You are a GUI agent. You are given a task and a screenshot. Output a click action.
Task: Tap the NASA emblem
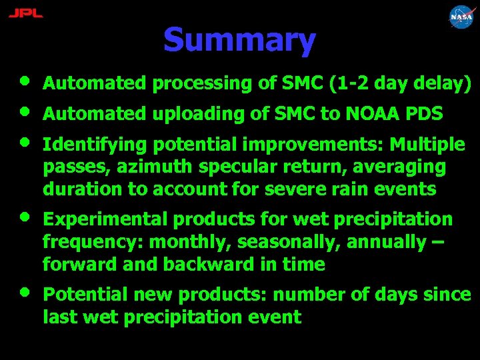[461, 17]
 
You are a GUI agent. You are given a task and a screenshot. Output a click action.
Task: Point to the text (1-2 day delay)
[401, 84]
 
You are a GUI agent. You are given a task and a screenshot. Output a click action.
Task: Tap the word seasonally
[286, 243]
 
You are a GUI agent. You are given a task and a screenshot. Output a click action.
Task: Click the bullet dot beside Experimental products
[24, 217]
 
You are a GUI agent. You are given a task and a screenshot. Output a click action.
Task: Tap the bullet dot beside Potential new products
[24, 291]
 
